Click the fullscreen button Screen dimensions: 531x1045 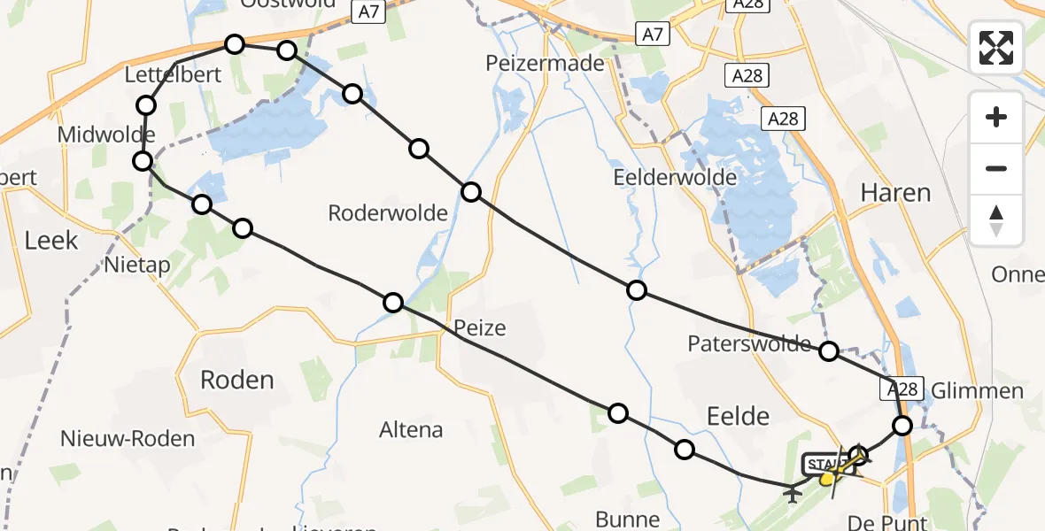[996, 48]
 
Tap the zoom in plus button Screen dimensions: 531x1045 [996, 117]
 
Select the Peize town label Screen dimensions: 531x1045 [479, 328]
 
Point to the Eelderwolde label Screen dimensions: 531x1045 [675, 177]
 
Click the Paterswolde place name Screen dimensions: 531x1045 [749, 343]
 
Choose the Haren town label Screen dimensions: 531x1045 [895, 192]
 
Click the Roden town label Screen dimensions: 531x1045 [236, 380]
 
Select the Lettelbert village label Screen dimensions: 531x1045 [173, 74]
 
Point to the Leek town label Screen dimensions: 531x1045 [51, 240]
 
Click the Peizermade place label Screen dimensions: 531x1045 [545, 63]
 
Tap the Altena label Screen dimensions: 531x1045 [410, 430]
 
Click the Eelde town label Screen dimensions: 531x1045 [738, 415]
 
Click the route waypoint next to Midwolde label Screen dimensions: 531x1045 [143, 161]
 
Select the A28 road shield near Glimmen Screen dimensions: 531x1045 [902, 389]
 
